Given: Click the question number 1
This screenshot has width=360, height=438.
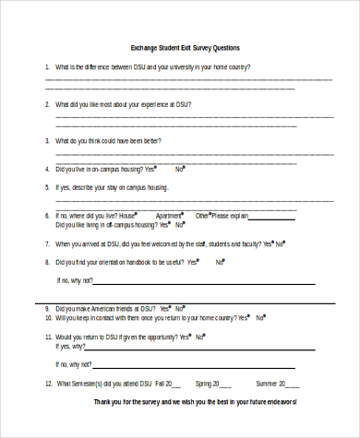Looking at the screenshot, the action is [47, 67].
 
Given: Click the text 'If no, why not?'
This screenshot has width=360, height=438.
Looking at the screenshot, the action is [75, 280].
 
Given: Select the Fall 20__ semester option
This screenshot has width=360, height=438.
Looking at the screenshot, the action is [168, 383].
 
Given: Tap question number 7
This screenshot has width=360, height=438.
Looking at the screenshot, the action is [47, 244].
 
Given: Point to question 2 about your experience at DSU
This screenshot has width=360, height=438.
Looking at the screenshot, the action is [123, 104].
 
